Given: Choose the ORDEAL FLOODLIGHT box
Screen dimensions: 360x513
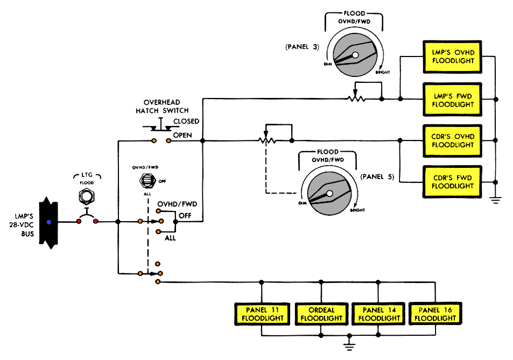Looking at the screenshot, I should [321, 314].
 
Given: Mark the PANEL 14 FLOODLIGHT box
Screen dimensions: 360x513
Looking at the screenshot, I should [379, 314].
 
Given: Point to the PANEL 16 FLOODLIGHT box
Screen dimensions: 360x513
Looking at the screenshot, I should [437, 314].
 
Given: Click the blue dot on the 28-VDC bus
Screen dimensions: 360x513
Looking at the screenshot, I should [49, 222].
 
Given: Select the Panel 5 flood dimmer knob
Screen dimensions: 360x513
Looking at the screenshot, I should [329, 193].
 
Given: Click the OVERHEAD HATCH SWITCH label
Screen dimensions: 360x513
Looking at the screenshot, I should [165, 107].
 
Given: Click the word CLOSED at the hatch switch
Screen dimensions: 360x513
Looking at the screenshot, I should [186, 122].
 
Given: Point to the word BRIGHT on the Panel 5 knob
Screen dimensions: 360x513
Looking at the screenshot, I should [357, 210].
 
